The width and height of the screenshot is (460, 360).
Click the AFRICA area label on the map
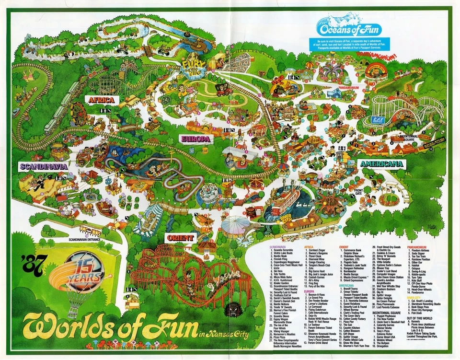tap(100, 100)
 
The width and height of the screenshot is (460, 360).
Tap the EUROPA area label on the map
tap(195, 139)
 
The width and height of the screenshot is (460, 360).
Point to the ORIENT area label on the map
tap(181, 238)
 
